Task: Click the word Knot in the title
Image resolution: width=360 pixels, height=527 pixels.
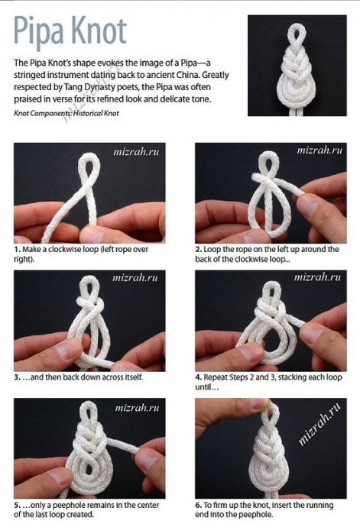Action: pyautogui.click(x=98, y=31)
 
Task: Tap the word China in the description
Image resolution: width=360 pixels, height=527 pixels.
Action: pyautogui.click(x=183, y=75)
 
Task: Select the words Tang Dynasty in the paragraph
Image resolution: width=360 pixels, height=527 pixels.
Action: pyautogui.click(x=88, y=87)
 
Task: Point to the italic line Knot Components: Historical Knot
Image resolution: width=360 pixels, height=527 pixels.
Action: pyautogui.click(x=66, y=113)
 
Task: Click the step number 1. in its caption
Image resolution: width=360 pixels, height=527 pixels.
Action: pyautogui.click(x=17, y=250)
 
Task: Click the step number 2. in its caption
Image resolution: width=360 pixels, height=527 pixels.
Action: pyautogui.click(x=199, y=250)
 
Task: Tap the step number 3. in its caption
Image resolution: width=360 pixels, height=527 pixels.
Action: pyautogui.click(x=17, y=377)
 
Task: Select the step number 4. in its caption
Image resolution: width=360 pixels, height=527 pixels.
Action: pyautogui.click(x=199, y=377)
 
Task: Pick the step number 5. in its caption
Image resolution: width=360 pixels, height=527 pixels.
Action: pyautogui.click(x=17, y=506)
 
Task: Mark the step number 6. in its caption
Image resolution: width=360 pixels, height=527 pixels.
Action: pyautogui.click(x=199, y=506)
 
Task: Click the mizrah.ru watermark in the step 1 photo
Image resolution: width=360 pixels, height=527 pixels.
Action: pyautogui.click(x=136, y=152)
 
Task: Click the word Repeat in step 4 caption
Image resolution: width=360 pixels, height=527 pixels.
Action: pyautogui.click(x=216, y=377)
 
